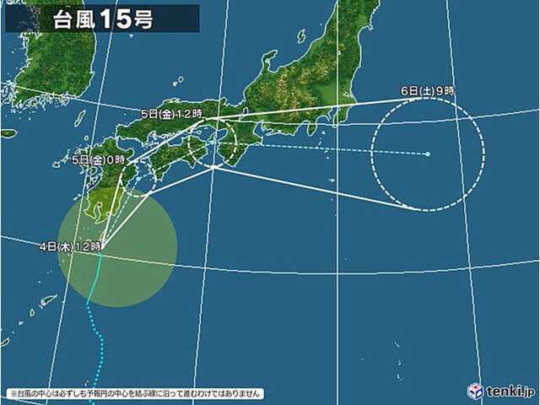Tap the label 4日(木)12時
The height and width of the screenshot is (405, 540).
(71, 246)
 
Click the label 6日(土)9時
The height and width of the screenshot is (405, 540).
(428, 91)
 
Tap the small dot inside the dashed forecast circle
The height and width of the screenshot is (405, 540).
(428, 154)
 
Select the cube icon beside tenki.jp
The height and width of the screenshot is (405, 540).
(476, 391)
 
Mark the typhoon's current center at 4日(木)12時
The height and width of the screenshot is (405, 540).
(102, 246)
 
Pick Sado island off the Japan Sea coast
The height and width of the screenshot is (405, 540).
(269, 59)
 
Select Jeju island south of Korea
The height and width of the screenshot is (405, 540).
(8, 133)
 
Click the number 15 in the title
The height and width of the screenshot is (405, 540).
(116, 19)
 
